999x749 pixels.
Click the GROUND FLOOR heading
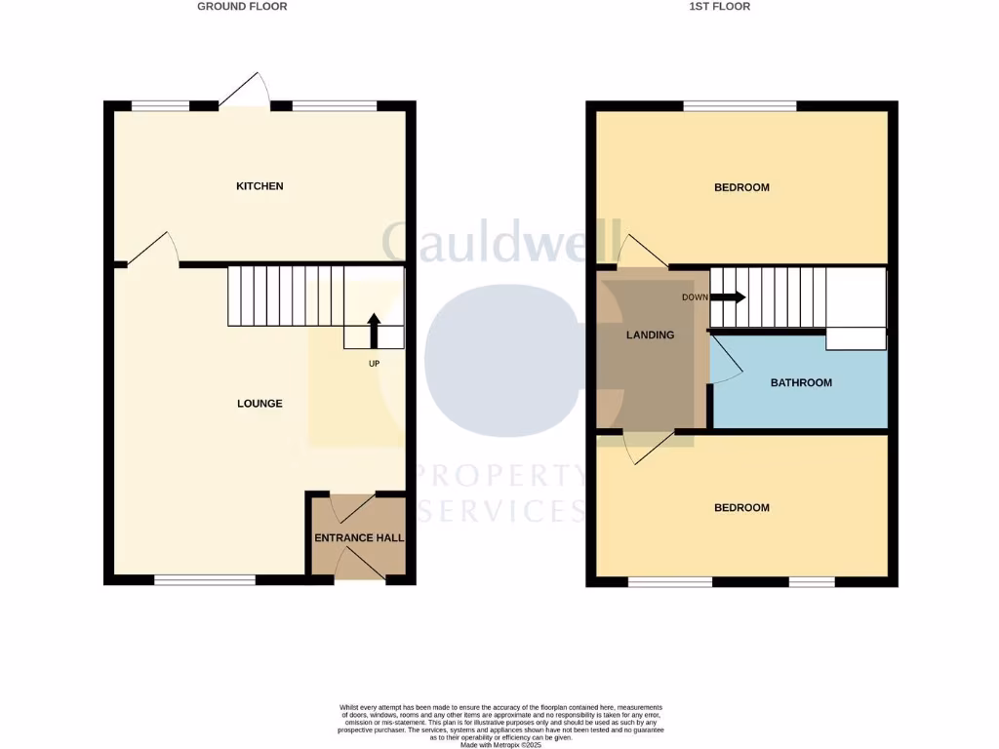242,6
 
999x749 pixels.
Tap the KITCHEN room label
260,186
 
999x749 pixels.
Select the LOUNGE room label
260,404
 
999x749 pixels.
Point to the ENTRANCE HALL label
359,537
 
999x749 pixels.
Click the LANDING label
650,335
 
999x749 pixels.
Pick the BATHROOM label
801,383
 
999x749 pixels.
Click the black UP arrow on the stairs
374,330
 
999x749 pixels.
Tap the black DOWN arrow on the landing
728,297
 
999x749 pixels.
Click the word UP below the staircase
374,364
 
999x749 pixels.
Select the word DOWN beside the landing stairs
695,297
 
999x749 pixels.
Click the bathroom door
727,360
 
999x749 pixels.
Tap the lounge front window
205,580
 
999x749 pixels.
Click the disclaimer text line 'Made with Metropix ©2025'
499,745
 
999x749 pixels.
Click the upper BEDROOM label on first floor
741,187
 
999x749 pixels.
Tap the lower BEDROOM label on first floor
741,508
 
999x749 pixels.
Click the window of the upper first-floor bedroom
739,105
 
